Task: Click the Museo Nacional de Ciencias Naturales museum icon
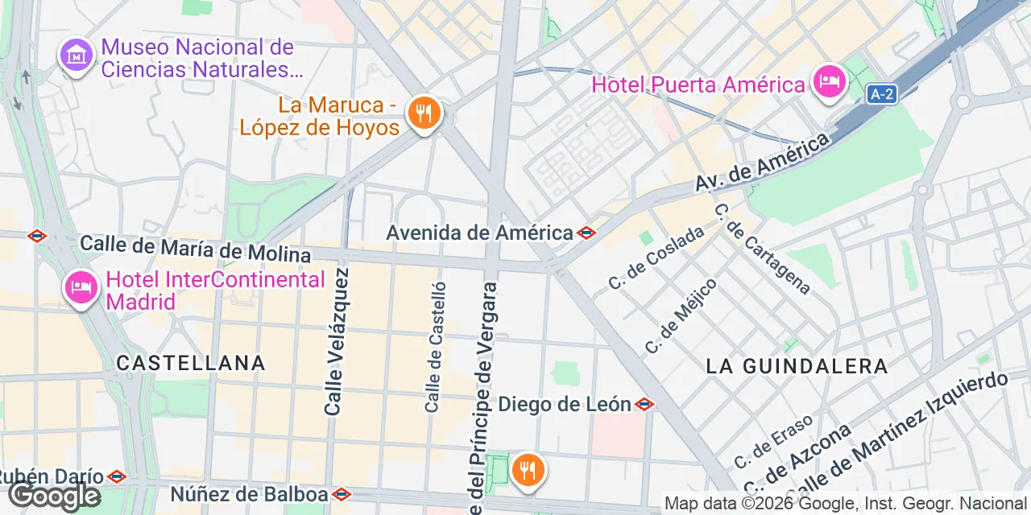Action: [77, 55]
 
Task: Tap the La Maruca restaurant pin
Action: [422, 113]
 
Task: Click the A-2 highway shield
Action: [881, 94]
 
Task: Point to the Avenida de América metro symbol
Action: [586, 233]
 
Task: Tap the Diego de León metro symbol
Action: [644, 404]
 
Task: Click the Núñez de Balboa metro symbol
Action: [342, 493]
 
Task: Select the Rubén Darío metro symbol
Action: [117, 476]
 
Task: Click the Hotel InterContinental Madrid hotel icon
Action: [81, 287]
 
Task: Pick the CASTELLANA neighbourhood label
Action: [191, 363]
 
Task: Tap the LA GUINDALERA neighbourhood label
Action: [797, 366]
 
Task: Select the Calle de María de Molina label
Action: [195, 249]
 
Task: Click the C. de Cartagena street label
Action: [762, 249]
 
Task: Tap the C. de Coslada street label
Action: [656, 257]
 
